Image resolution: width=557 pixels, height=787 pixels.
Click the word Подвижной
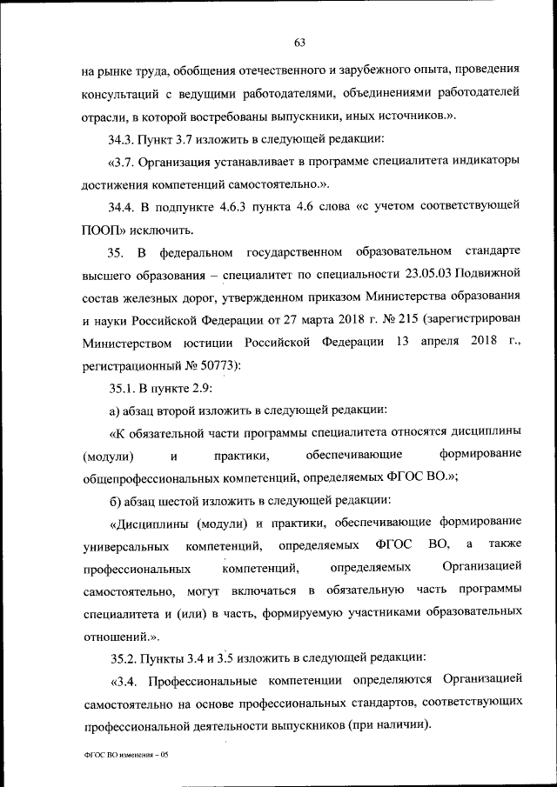click(x=491, y=275)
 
